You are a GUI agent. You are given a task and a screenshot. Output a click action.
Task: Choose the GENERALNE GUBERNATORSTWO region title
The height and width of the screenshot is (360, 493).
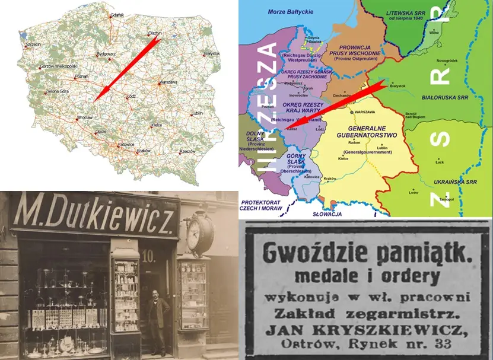click(373, 130)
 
